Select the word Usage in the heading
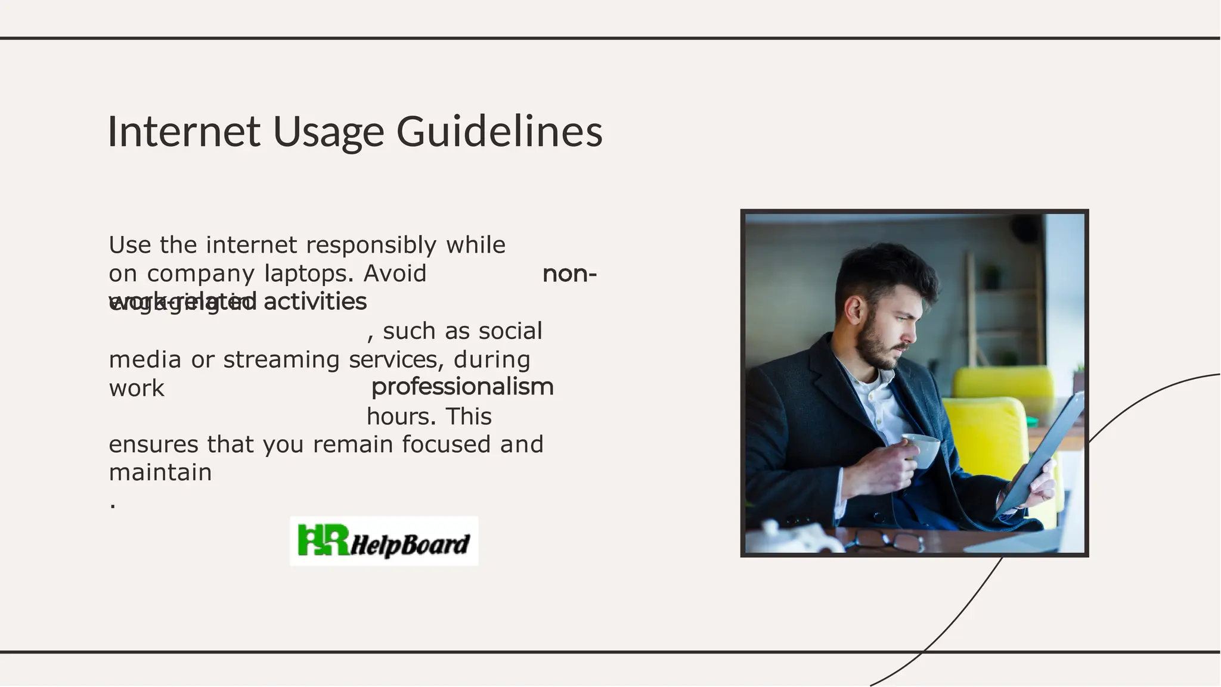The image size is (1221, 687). point(328,132)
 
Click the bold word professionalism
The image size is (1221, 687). point(462,387)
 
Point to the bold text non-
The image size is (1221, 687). point(569,274)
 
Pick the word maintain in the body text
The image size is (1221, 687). point(160,472)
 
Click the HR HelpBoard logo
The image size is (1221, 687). point(384,541)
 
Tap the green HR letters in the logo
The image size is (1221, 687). point(322,540)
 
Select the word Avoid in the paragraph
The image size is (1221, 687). point(395,273)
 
